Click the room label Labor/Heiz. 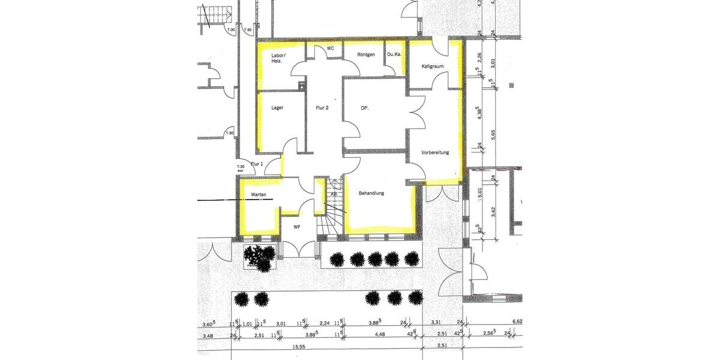point(279,59)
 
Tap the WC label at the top point(330,48)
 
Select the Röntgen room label point(366,55)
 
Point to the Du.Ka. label point(394,55)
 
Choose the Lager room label point(277,108)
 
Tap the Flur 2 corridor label point(322,108)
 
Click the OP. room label point(364,108)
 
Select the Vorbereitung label point(435,152)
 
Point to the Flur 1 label point(257,164)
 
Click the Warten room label point(259,194)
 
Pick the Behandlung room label point(371,193)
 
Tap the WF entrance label point(296,227)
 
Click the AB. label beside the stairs point(334,194)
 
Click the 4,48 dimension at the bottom point(379,335)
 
